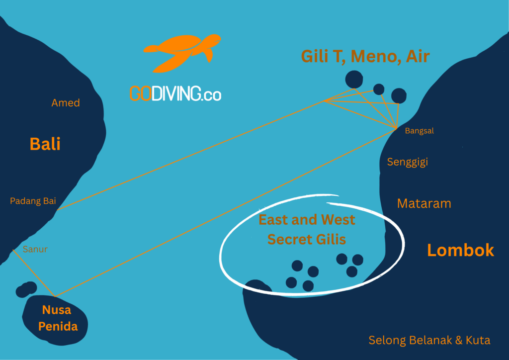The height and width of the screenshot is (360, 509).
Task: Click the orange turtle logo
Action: click(181, 53)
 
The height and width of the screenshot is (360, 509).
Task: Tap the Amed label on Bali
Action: click(66, 103)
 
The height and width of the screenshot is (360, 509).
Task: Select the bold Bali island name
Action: click(45, 144)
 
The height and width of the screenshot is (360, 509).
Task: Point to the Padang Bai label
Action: click(33, 201)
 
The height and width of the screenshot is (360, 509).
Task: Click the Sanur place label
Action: click(35, 249)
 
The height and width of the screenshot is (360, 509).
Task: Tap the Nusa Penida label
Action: click(56, 319)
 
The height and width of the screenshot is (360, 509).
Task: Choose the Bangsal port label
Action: click(420, 131)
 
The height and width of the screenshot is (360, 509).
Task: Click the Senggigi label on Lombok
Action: click(407, 162)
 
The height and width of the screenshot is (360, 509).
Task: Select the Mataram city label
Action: click(424, 203)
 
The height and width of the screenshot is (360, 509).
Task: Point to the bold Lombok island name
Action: click(460, 250)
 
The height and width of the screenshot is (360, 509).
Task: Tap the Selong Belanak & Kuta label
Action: click(429, 341)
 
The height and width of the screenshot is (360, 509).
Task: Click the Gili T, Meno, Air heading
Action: click(365, 56)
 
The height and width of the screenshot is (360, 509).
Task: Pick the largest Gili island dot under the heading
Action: click(354, 80)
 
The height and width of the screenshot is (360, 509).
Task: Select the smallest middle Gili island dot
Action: click(379, 90)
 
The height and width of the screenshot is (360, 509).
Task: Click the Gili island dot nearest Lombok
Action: click(399, 95)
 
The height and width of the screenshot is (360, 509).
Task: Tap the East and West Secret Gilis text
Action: click(307, 229)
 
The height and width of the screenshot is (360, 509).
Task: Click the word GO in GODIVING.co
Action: click(140, 93)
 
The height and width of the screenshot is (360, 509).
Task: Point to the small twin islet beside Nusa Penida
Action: click(26, 289)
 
